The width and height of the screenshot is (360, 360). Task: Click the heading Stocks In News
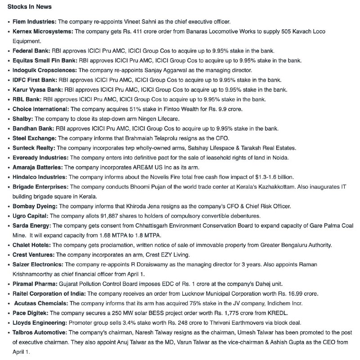[x=29, y=7]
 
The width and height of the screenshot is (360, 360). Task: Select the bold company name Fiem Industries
[x=34, y=21]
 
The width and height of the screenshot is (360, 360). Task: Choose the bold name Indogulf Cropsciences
[x=45, y=70]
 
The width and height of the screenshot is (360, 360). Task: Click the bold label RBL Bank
[x=27, y=100]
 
